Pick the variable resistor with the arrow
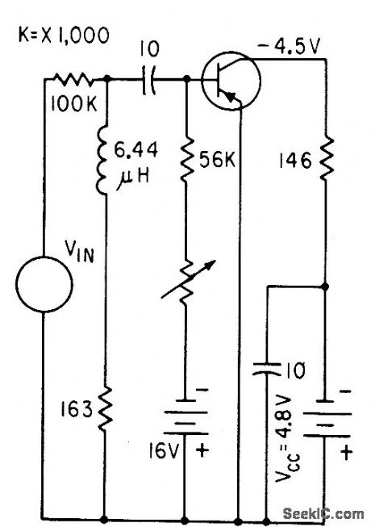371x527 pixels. (x=186, y=282)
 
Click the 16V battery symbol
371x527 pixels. (x=186, y=420)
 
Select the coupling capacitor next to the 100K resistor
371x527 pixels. (x=149, y=79)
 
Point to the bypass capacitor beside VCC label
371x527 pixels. (x=266, y=370)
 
